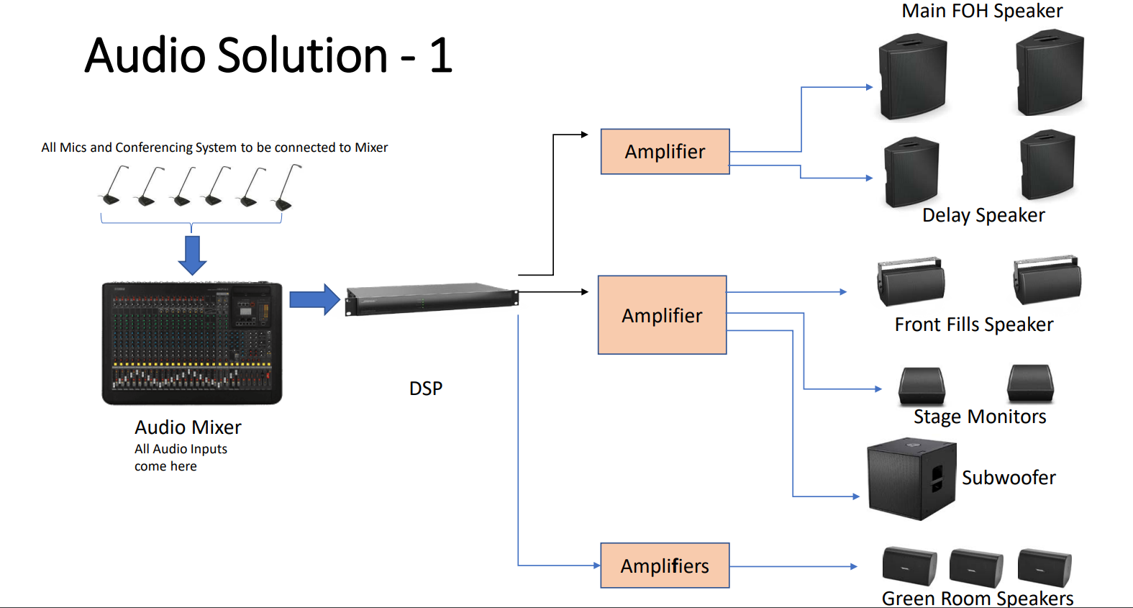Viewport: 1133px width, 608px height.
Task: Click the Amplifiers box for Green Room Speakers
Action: [665, 566]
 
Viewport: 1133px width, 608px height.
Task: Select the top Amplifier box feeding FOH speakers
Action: [665, 152]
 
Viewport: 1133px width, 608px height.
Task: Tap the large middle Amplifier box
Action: [662, 314]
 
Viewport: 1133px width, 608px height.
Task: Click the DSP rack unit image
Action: [432, 299]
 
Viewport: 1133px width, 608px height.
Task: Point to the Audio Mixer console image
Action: [191, 343]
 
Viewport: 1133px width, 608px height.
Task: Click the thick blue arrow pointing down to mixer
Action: [192, 255]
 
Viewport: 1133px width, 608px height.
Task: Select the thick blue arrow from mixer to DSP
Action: [314, 299]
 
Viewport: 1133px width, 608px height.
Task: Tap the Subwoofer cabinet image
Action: [911, 478]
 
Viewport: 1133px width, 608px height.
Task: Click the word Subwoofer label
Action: [1009, 478]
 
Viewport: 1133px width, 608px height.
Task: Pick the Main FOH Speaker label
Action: [982, 11]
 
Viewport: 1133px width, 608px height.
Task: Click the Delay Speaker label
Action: [983, 215]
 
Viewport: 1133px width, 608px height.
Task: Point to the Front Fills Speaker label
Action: [974, 325]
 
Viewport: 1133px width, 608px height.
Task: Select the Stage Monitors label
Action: [980, 417]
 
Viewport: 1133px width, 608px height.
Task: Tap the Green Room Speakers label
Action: [977, 599]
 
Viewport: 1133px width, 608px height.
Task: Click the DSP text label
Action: [426, 389]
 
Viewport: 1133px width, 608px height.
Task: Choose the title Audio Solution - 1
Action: [268, 55]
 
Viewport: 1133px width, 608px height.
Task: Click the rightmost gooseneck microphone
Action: [286, 188]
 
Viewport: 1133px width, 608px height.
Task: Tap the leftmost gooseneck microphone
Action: [114, 185]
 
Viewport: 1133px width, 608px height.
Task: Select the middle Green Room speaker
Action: [976, 567]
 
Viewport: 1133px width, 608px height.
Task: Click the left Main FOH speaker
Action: [913, 76]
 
